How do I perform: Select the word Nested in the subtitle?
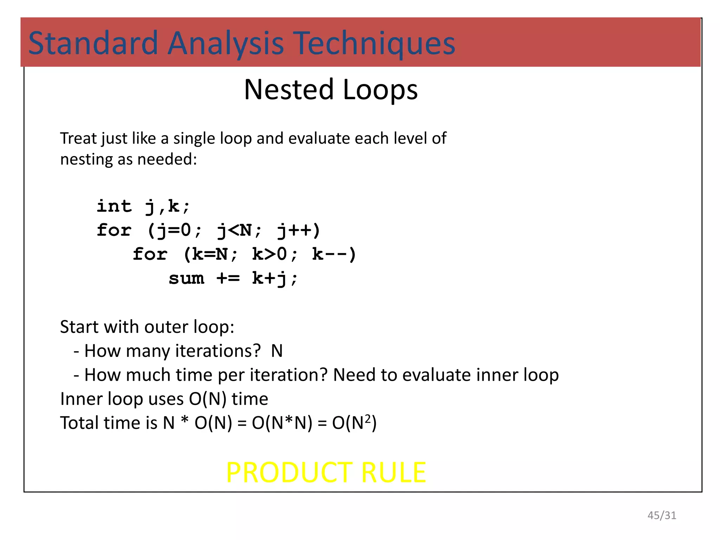click(x=289, y=90)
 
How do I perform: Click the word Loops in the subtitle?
click(x=380, y=90)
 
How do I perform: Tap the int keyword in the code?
click(x=114, y=206)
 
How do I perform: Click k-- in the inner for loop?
click(x=334, y=254)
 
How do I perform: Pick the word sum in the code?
click(x=186, y=278)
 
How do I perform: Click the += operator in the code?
click(x=228, y=278)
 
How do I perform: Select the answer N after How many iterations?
click(x=277, y=351)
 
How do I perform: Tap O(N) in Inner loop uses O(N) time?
click(x=207, y=399)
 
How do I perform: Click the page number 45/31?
click(x=662, y=515)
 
